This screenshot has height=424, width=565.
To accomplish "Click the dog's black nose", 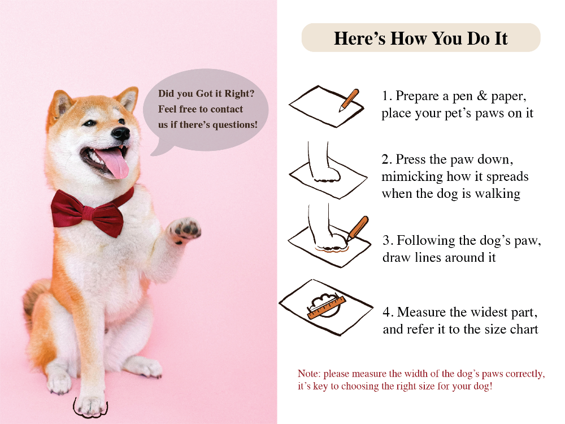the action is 121,133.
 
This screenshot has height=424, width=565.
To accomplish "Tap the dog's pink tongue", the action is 114,162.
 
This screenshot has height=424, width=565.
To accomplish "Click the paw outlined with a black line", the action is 90,406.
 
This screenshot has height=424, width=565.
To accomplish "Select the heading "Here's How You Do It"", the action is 420,38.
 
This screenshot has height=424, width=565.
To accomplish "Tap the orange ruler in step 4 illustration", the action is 327,308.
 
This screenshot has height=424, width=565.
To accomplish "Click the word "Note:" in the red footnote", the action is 309,374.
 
